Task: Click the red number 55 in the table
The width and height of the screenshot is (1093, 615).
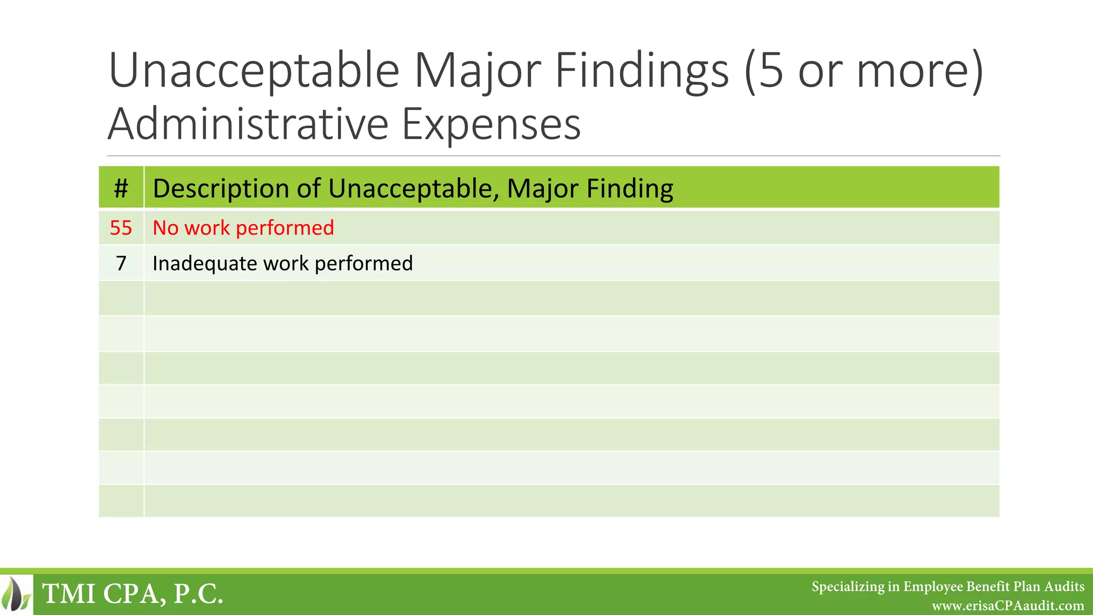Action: tap(121, 228)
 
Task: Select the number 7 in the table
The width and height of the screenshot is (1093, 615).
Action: tap(121, 263)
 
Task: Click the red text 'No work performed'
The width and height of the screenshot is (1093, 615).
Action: tap(243, 228)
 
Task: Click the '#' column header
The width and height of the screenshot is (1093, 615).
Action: tap(121, 188)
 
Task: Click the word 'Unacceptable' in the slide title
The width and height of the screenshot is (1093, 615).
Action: tap(254, 71)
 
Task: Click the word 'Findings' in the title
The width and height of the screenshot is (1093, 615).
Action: tap(641, 71)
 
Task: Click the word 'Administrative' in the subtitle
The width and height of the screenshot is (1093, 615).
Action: tap(248, 124)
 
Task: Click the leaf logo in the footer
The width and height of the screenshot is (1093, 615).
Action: tap(17, 594)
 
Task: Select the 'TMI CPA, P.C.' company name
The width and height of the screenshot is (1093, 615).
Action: tap(132, 594)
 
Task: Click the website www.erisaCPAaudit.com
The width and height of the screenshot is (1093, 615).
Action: tap(1008, 606)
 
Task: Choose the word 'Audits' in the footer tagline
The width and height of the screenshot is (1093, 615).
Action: tap(1064, 587)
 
